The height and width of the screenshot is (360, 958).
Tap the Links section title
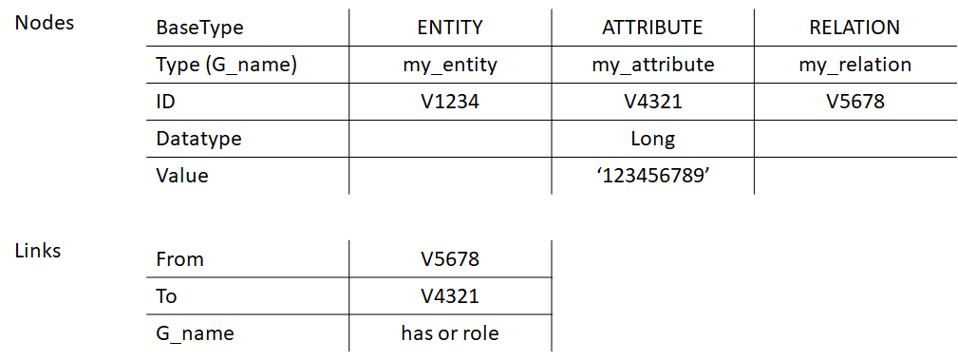[38, 251]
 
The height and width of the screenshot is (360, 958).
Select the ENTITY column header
[450, 28]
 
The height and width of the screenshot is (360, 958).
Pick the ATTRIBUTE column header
[652, 28]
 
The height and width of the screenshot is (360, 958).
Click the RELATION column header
[855, 28]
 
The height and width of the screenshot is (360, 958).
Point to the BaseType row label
[199, 28]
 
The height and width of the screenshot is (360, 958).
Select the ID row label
[166, 102]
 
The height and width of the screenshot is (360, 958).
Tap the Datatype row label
[198, 139]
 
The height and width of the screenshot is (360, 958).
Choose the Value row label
[182, 176]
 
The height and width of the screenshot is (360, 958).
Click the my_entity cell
[450, 65]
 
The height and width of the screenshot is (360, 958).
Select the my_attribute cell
[652, 65]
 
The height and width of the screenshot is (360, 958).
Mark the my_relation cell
[855, 65]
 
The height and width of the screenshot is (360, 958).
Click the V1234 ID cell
[450, 102]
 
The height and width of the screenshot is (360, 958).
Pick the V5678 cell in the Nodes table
[855, 102]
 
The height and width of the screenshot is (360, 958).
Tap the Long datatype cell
[652, 139]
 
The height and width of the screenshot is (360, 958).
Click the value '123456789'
[652, 176]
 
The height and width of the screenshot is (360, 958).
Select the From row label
[179, 259]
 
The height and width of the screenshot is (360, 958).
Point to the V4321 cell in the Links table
[450, 296]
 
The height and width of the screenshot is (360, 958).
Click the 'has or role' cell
[450, 333]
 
